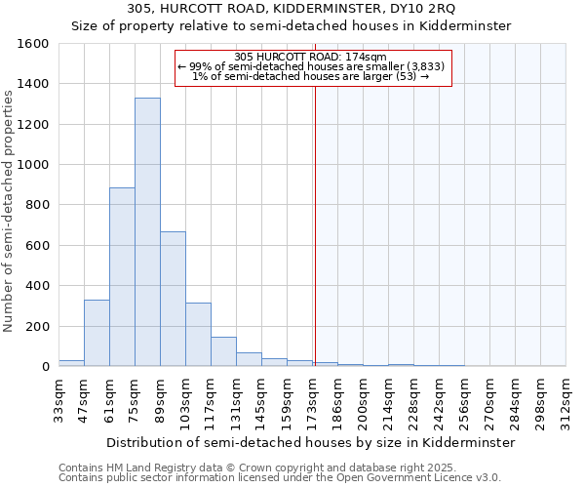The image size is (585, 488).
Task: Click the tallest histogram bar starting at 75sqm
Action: (147, 232)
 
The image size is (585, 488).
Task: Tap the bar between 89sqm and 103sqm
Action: (173, 299)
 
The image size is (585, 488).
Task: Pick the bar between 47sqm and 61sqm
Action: (97, 333)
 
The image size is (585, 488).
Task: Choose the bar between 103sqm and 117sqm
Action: (198, 335)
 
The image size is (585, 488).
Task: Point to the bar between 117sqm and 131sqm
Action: (223, 351)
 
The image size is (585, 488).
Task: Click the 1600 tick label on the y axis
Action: (33, 44)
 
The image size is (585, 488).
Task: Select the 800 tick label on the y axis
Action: (37, 205)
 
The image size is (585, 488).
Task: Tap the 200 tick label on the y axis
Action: (37, 326)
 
